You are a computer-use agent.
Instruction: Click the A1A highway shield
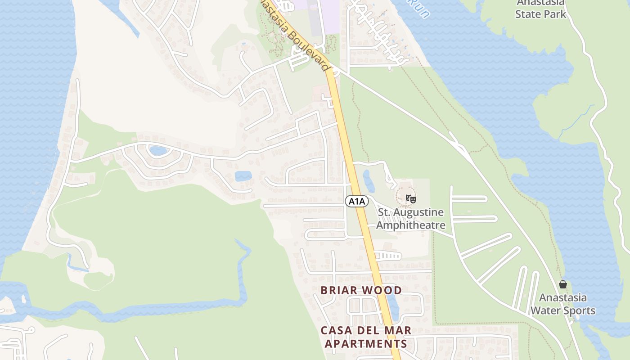pos(356,201)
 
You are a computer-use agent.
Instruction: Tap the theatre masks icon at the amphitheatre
pos(410,198)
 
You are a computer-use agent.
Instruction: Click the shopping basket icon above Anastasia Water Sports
pos(562,284)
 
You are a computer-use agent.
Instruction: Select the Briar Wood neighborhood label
pos(361,290)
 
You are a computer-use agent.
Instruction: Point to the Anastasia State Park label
pos(540,9)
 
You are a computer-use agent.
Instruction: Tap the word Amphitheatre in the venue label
pos(410,225)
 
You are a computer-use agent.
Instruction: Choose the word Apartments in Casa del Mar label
pos(366,344)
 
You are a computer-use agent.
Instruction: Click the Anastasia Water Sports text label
pos(562,304)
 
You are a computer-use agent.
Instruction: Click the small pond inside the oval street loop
pos(158,150)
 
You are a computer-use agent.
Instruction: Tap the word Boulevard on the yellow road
pos(308,49)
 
